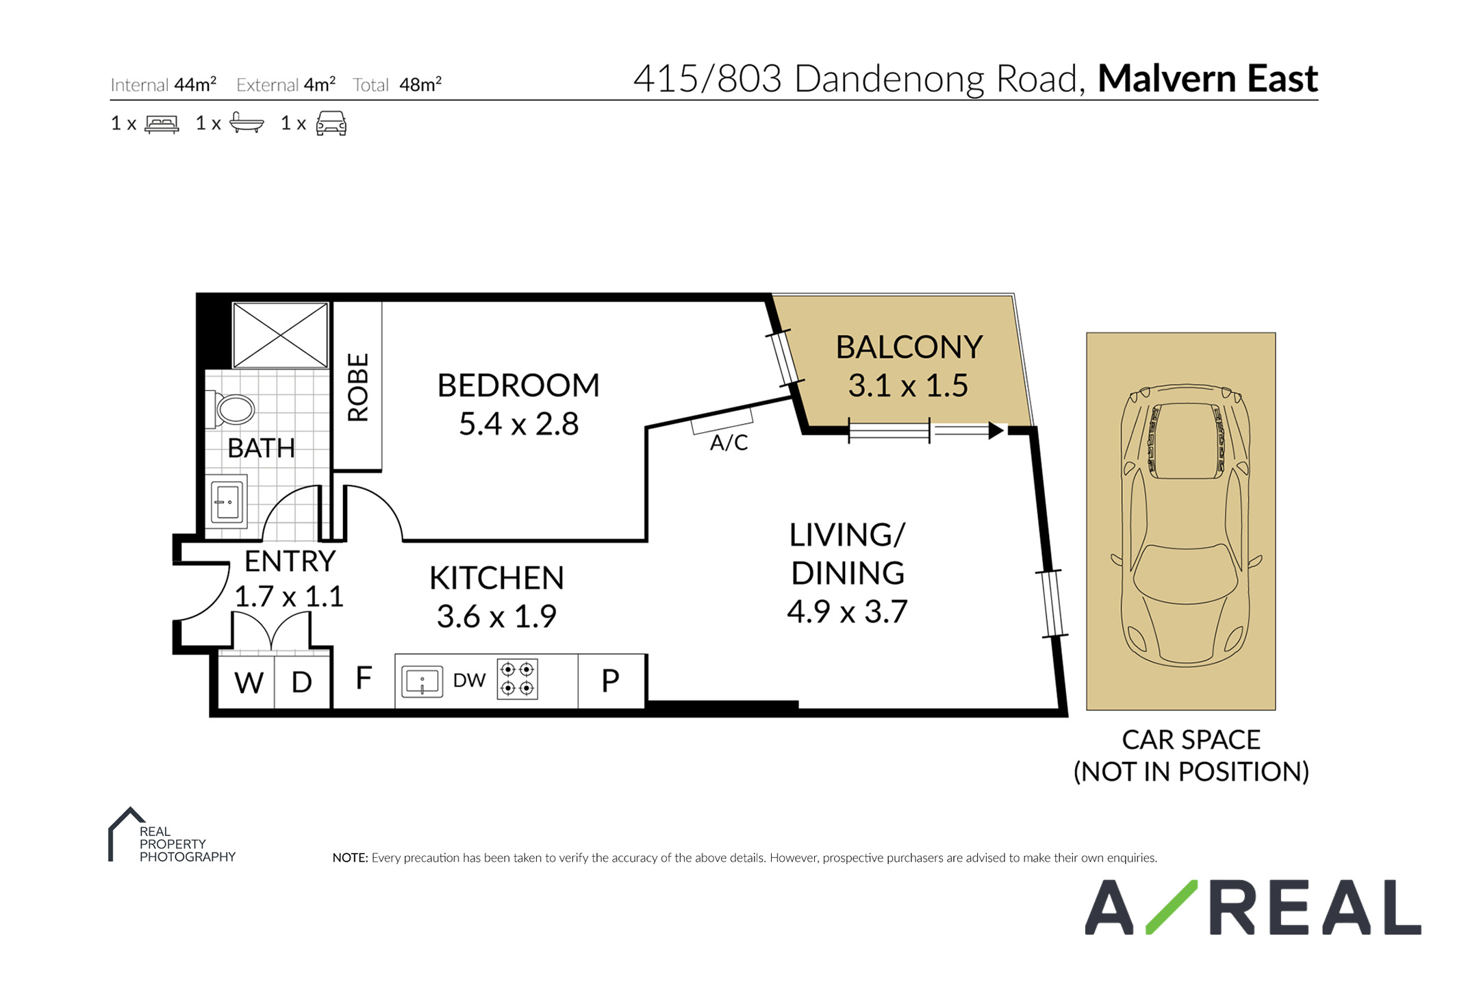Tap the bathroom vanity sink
pos(227,503)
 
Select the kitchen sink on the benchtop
pos(422,681)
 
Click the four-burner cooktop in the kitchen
pos(518,679)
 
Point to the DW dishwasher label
pos(469,680)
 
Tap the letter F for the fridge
pos(364,678)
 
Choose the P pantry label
pos(610,681)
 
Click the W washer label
pos(249,683)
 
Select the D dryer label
pos(302,682)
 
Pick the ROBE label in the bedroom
pos(358,387)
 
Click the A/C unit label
pos(729,443)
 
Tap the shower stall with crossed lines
pos(280,336)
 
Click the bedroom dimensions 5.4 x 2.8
pos(518,424)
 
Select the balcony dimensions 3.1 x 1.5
pos(908,385)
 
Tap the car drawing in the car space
pos(1186,524)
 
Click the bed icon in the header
pos(162,124)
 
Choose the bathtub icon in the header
pos(246,123)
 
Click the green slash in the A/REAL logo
pos(1172,907)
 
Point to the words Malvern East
pos(1208,79)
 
